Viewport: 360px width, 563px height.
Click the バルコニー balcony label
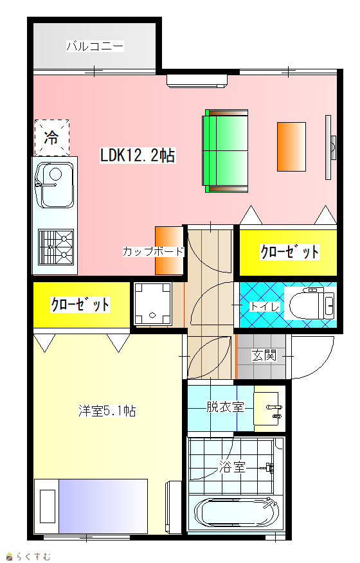click(95, 46)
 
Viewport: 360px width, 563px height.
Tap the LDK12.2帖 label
click(138, 156)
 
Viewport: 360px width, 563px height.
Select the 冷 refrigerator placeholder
click(51, 138)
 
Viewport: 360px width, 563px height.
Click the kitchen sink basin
click(55, 185)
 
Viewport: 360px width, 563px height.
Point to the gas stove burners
click(56, 247)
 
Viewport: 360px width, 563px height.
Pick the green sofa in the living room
click(225, 151)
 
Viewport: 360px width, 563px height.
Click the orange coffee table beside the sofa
click(291, 147)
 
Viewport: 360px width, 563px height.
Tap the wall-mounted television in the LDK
click(330, 147)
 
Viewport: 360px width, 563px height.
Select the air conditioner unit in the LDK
click(197, 81)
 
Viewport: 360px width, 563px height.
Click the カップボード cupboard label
click(154, 251)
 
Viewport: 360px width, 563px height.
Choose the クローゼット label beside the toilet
click(289, 252)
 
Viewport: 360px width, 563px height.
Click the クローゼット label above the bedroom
click(80, 305)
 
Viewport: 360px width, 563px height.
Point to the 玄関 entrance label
click(264, 355)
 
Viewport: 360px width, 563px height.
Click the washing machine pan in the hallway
click(152, 304)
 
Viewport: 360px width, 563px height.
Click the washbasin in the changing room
click(266, 409)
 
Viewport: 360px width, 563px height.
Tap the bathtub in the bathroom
click(237, 513)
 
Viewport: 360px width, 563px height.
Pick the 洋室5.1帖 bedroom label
click(107, 411)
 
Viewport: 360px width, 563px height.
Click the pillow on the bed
click(48, 506)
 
